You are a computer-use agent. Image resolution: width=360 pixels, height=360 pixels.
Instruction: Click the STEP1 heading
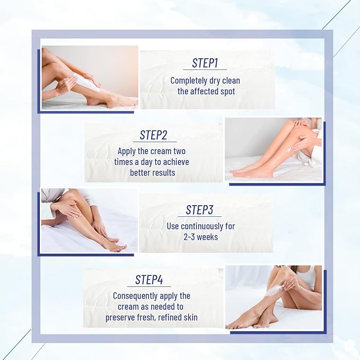coord(205,63)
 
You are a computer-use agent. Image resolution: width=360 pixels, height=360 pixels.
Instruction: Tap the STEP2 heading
coord(154,135)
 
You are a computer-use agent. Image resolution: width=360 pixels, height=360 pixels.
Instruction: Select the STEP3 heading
coord(199,210)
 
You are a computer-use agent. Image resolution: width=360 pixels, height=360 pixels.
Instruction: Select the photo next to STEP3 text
coord(89,221)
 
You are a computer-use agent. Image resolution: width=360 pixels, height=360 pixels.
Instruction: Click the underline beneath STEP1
coord(205,69)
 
